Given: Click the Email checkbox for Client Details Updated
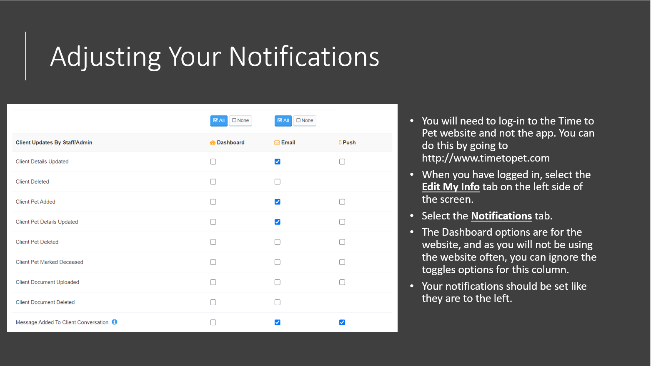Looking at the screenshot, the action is [x=278, y=162].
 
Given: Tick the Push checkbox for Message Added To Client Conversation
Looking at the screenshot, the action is [x=342, y=322].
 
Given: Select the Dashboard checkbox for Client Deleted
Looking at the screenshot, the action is [x=213, y=182].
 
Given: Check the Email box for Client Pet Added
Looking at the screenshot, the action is [x=278, y=202].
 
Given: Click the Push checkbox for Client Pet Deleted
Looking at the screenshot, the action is [x=342, y=242].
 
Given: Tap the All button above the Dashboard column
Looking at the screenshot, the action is [x=219, y=120].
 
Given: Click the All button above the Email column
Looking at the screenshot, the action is [x=283, y=120].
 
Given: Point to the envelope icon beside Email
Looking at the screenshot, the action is [x=277, y=142].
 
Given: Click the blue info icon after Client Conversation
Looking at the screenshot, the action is [x=115, y=322].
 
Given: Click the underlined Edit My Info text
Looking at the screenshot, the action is [x=451, y=187].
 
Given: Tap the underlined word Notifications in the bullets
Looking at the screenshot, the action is [x=501, y=216].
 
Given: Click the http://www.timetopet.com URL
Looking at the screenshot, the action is [x=486, y=158].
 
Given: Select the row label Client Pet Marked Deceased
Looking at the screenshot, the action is [x=50, y=262].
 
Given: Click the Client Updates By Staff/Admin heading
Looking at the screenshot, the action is [x=54, y=142].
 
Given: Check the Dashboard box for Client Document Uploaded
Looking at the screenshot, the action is [x=213, y=282].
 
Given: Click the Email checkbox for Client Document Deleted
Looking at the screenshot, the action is [x=278, y=302].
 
